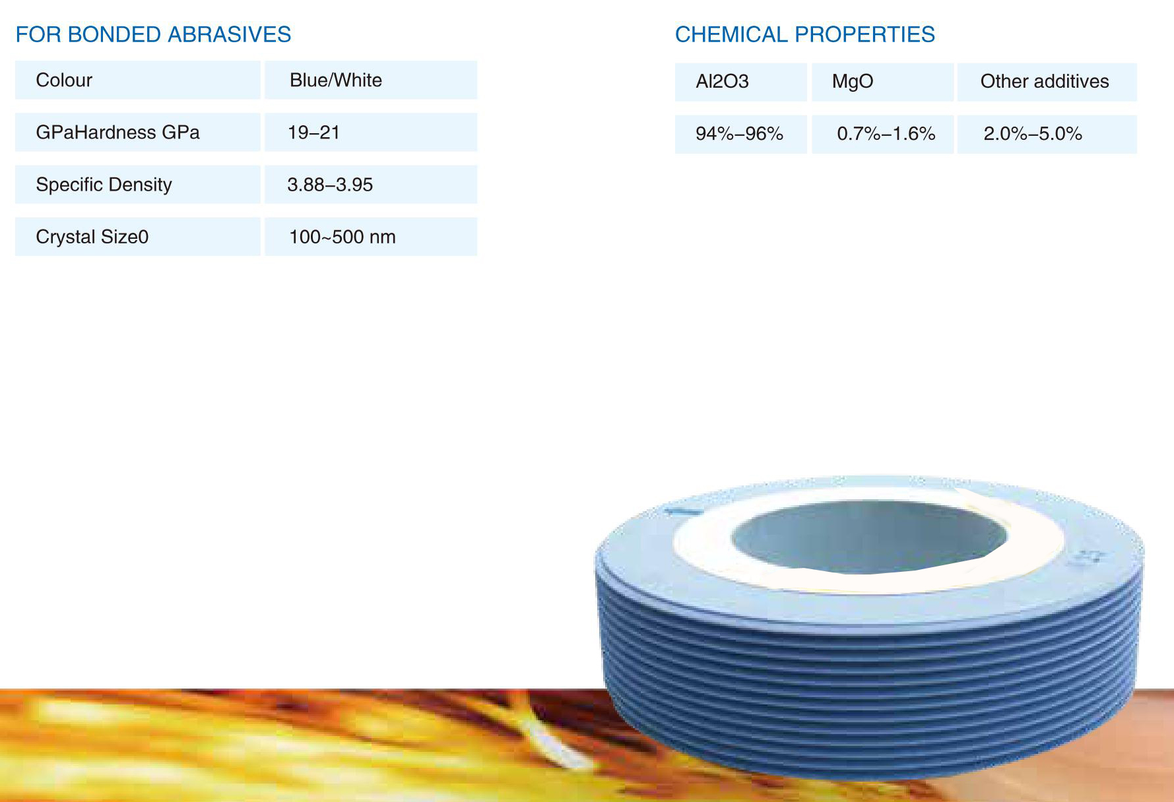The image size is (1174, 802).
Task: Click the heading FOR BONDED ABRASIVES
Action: coord(153,34)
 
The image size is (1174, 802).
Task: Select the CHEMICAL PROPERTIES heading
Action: coord(804,34)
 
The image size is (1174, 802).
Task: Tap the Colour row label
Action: coord(64,80)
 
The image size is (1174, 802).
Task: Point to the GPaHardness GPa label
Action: coord(117,133)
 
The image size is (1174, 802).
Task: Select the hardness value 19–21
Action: coord(313,133)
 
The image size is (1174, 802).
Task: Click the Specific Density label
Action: coord(104,185)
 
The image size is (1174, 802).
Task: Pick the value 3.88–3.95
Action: coord(330,185)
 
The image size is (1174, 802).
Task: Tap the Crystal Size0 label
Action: coord(92,237)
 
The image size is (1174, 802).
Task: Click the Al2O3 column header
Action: coord(722,82)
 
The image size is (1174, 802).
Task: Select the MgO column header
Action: coord(853,82)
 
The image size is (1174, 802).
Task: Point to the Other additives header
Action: coord(1045,82)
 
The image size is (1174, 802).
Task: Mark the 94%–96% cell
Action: coord(739,134)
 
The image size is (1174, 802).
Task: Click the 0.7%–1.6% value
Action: coord(886,134)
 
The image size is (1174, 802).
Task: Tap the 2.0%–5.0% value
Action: coord(1033,134)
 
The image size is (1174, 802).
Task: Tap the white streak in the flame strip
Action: coord(548,742)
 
